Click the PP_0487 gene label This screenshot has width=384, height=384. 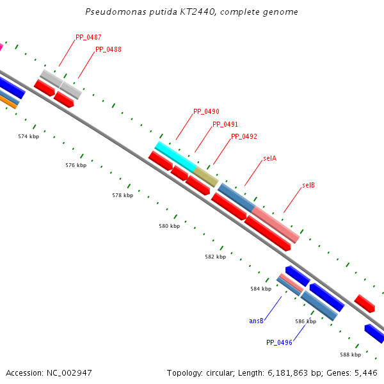point(88,37)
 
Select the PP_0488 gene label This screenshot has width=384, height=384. point(108,49)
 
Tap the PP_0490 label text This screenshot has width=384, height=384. point(206,111)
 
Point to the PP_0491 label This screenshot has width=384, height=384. point(225,124)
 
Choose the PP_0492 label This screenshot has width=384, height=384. point(244,136)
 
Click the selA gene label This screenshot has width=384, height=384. point(269,158)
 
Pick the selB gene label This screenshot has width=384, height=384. point(308,186)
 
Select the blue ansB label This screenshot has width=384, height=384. point(257,321)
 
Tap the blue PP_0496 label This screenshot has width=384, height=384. point(279,342)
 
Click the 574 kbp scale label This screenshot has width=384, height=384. point(28,136)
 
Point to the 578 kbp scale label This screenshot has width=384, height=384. point(122,195)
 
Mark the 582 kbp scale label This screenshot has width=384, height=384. point(216,257)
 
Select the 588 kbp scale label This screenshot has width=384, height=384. point(350,355)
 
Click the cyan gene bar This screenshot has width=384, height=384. point(175,156)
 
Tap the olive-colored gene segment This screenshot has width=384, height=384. point(206,176)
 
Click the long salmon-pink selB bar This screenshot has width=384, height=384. point(276,224)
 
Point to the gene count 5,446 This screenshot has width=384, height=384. point(366,372)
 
